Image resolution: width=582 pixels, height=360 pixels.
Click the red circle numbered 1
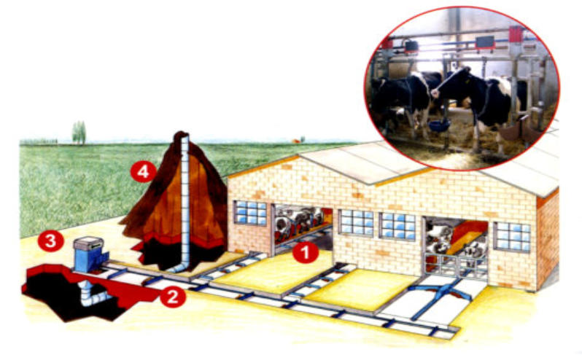pos(305,252)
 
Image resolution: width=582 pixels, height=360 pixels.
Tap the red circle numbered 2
pos(173,297)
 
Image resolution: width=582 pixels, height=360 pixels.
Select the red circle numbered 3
pos(50,241)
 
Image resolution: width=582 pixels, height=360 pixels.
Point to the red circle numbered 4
pos(143,171)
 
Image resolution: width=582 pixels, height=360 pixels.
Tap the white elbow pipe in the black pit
pos(92,294)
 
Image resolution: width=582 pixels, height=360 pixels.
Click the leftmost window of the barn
pos(251,213)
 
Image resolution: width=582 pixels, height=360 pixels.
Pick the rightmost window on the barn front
pos(513,237)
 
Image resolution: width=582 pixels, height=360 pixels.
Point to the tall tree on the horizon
pos(79,133)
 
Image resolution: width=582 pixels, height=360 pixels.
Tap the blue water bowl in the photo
pos(441,124)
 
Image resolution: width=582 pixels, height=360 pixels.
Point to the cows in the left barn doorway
pos(299,222)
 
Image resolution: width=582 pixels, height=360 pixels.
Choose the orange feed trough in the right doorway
pos(467,236)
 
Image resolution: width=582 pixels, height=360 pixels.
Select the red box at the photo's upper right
pos(516,35)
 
